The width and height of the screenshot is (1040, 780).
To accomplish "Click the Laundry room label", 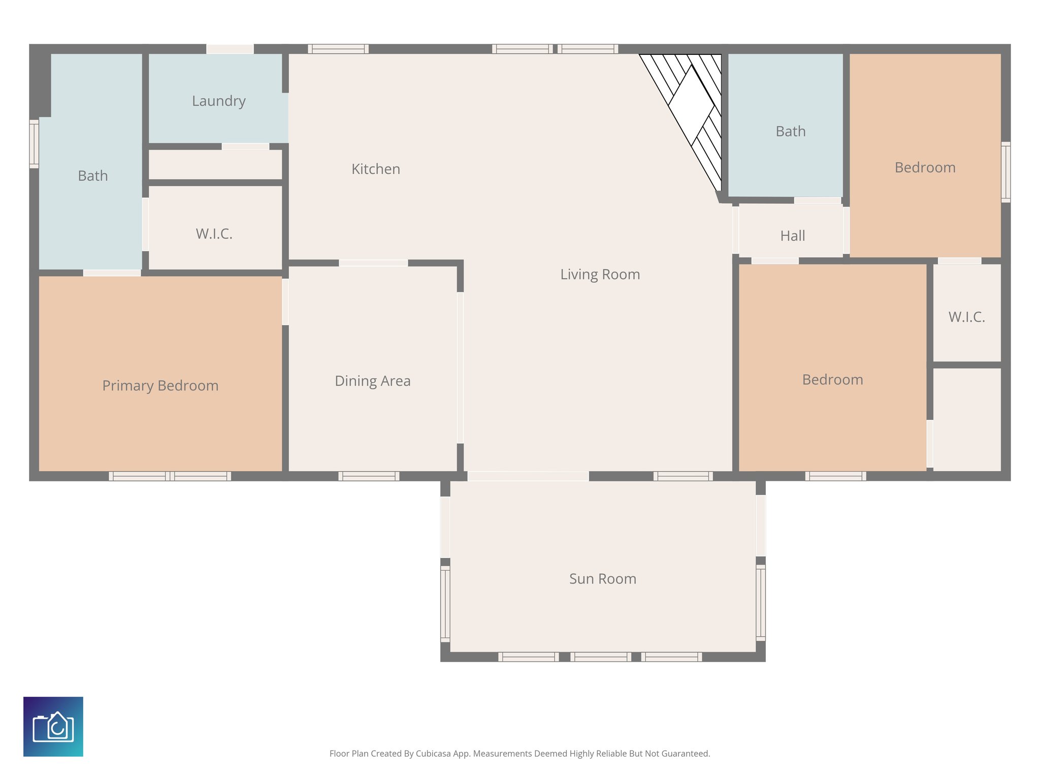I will pyautogui.click(x=219, y=101).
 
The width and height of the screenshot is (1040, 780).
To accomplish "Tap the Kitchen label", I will pyautogui.click(x=376, y=169).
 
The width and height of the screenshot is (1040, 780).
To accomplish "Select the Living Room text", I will pyautogui.click(x=600, y=275).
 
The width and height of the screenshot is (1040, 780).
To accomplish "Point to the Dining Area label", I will pyautogui.click(x=372, y=381).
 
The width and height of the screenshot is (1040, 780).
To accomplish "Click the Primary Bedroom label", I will pyautogui.click(x=160, y=386).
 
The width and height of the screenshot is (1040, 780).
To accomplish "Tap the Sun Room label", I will pyautogui.click(x=602, y=579).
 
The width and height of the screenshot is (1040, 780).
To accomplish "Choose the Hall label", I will pyautogui.click(x=792, y=236).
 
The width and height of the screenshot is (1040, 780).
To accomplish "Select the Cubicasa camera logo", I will pyautogui.click(x=53, y=726).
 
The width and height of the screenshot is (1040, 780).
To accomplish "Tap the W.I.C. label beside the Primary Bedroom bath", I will pyautogui.click(x=214, y=234).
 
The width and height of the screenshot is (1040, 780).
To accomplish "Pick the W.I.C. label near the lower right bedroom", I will pyautogui.click(x=966, y=317).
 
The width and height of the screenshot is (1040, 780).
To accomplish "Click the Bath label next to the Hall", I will pyautogui.click(x=791, y=132).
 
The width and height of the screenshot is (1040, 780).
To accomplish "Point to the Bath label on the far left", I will pyautogui.click(x=93, y=176).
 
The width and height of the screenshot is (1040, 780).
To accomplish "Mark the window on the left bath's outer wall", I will pyautogui.click(x=34, y=144).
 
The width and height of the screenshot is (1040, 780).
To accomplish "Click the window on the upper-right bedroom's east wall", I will pyautogui.click(x=1005, y=172).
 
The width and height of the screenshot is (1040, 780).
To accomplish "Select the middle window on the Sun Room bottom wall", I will pyautogui.click(x=600, y=657).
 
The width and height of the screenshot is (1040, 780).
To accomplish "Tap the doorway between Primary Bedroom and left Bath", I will pyautogui.click(x=112, y=273).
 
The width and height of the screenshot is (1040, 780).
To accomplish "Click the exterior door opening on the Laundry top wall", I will pyautogui.click(x=230, y=49).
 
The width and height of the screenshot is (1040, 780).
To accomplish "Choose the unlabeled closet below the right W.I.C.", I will pyautogui.click(x=967, y=419).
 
